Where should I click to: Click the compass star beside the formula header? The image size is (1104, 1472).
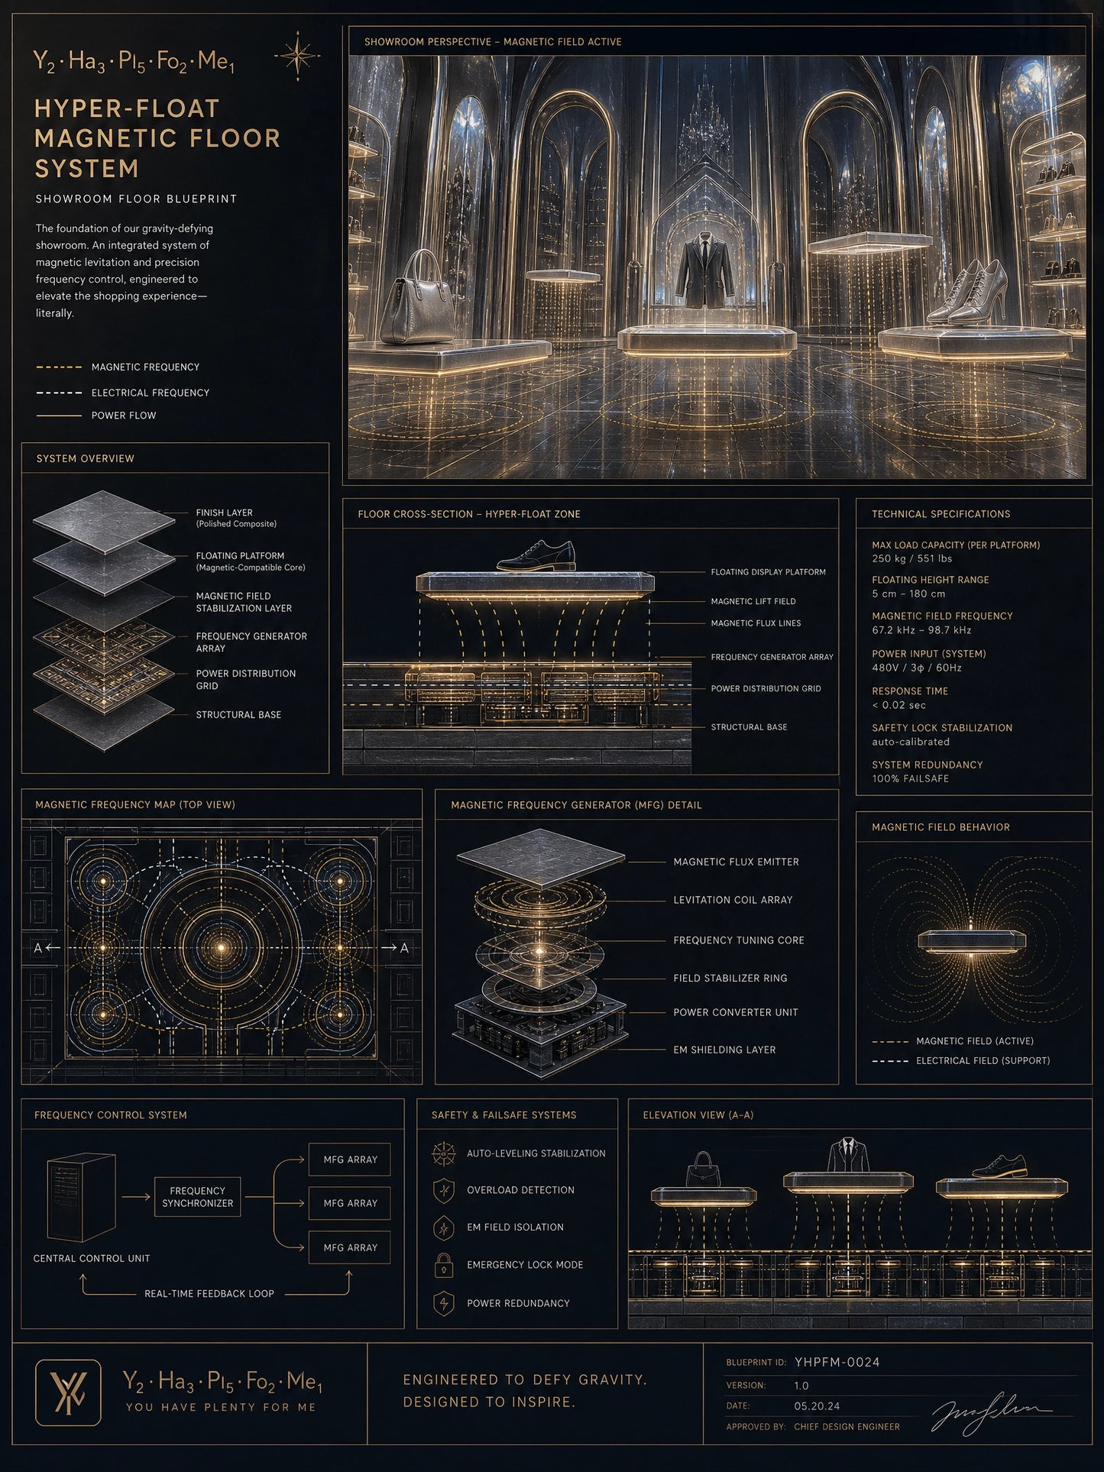tap(297, 56)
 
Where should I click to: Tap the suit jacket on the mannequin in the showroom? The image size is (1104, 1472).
tap(706, 271)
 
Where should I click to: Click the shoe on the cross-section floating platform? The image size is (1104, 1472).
tap(536, 556)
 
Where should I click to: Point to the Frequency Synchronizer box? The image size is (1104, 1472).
tap(197, 1197)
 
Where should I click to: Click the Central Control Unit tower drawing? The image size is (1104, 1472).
tap(81, 1198)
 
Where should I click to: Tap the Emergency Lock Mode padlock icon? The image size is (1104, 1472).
tap(444, 1265)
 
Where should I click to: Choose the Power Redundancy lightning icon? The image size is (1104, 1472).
tap(444, 1303)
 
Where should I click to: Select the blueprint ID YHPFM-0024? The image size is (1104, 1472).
tap(837, 1362)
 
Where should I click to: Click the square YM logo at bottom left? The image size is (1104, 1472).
tap(68, 1393)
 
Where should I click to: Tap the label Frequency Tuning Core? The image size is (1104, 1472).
tap(739, 940)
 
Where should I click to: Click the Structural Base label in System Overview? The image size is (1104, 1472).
tap(238, 715)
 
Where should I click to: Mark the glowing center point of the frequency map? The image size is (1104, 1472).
tap(222, 947)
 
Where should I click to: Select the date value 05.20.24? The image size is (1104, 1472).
tap(817, 1406)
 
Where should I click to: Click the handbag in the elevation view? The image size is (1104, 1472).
tap(704, 1170)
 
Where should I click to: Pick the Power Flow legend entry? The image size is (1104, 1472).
tap(96, 416)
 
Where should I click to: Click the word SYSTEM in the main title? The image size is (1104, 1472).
tap(87, 168)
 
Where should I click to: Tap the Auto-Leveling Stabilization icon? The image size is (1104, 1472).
tap(444, 1153)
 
